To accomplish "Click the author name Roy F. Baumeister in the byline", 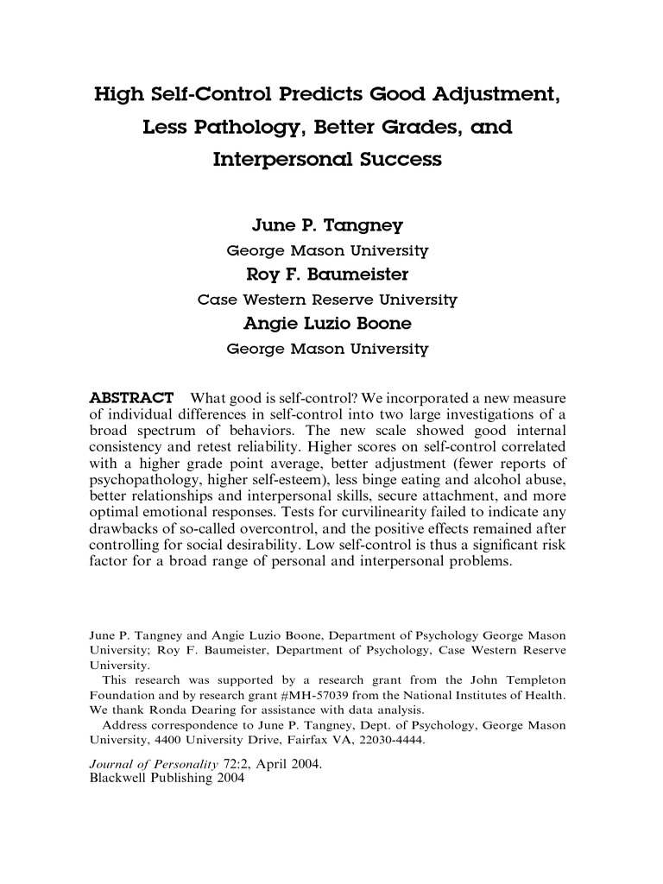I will click(x=327, y=276).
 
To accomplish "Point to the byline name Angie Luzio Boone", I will click(x=327, y=325).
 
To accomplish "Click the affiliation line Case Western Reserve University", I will click(x=327, y=301).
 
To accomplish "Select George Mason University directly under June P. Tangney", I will click(x=327, y=251).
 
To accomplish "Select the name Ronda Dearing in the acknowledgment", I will click(x=196, y=710).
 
